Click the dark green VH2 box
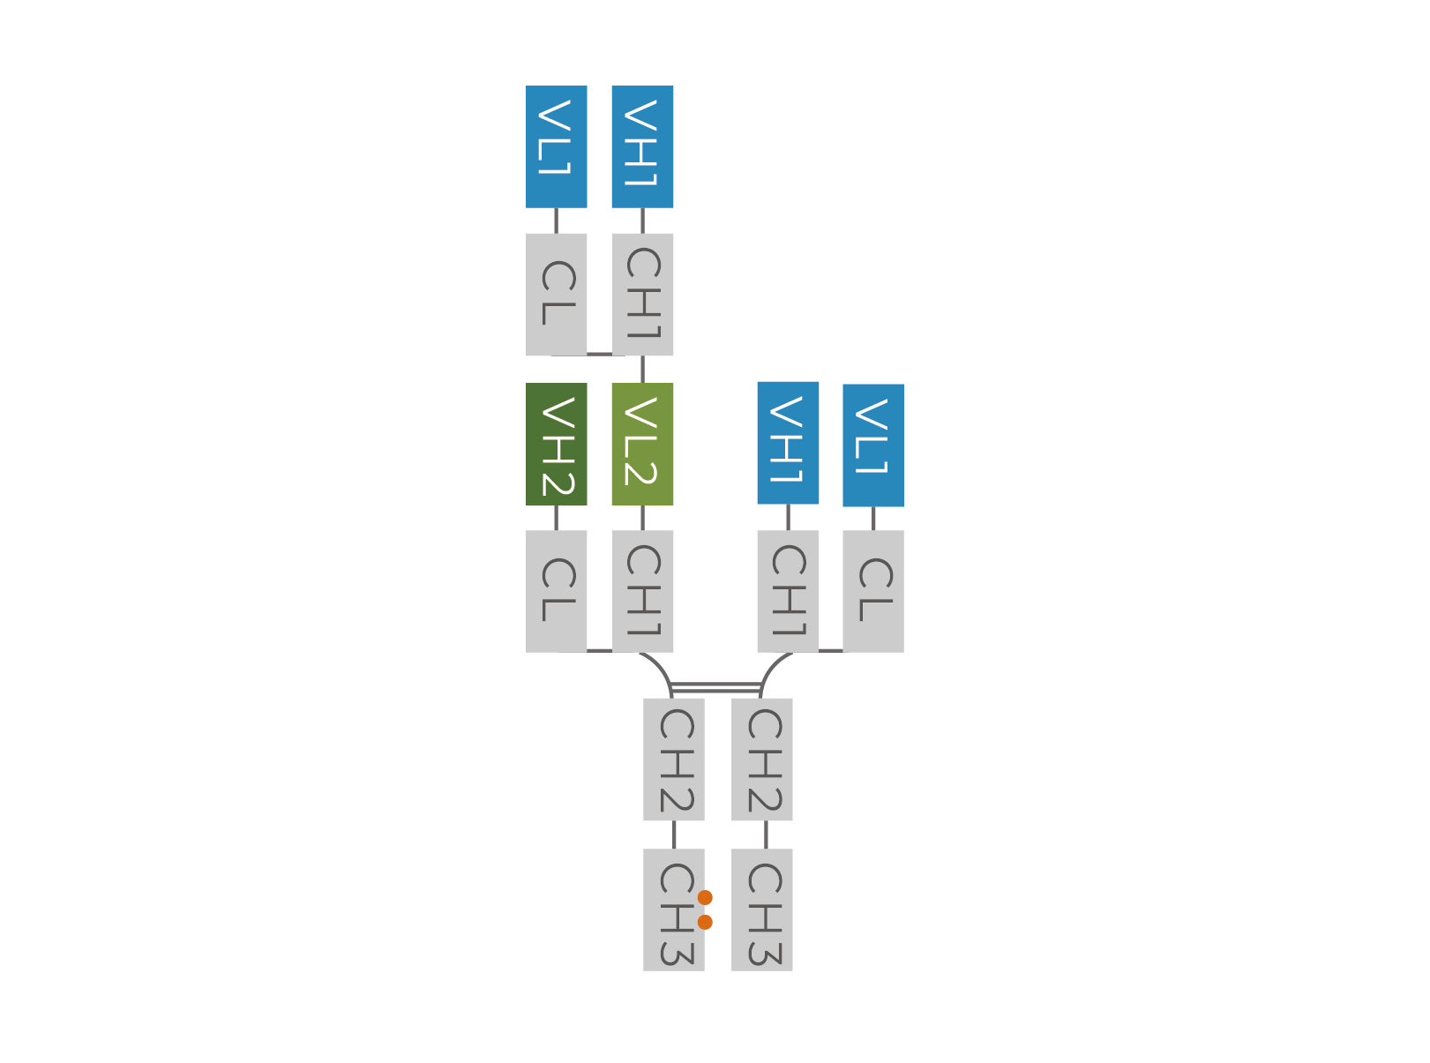point(556,444)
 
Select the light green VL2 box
point(642,444)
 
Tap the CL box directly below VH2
point(556,591)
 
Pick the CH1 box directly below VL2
point(642,591)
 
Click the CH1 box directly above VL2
point(642,294)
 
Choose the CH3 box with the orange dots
point(674,910)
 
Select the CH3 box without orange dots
point(761,910)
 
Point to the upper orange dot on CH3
point(705,897)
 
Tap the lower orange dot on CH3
point(705,923)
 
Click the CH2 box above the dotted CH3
point(674,760)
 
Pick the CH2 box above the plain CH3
point(761,760)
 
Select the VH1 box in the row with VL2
point(788,443)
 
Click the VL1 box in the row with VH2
point(873,445)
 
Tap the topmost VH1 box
point(642,146)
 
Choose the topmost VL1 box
point(556,146)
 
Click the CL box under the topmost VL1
point(556,294)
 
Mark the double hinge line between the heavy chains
point(715,687)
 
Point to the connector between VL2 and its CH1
point(642,517)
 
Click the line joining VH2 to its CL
point(556,517)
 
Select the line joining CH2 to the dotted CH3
point(674,835)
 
